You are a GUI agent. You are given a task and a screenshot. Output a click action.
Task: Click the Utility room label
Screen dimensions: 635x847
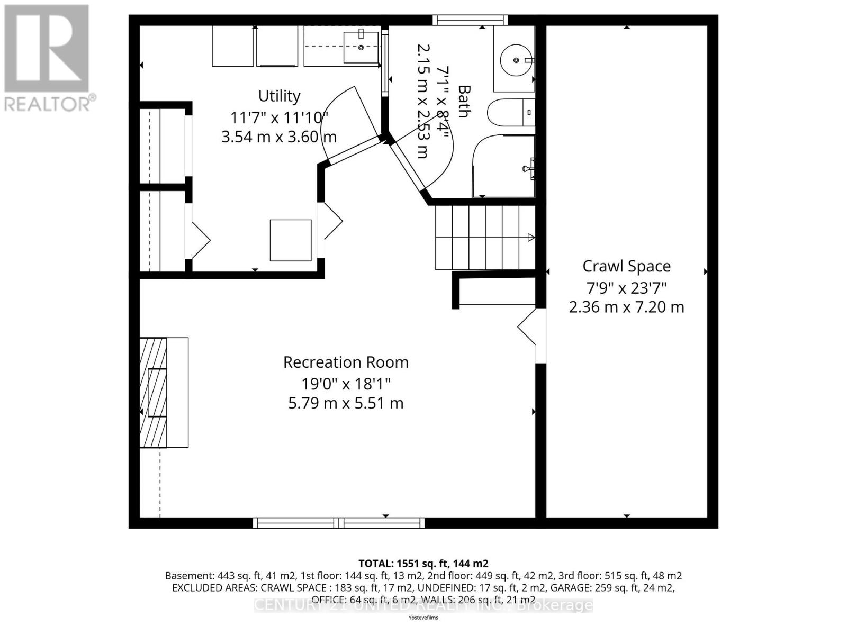[x=279, y=96]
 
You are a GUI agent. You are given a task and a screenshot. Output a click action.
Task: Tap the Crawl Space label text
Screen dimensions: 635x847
[x=626, y=266]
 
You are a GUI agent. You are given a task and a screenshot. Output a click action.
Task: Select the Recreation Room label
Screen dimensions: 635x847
[x=346, y=362]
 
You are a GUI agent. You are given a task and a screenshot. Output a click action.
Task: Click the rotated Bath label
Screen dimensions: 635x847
[x=464, y=102]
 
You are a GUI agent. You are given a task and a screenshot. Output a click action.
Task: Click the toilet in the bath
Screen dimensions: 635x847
[x=508, y=112]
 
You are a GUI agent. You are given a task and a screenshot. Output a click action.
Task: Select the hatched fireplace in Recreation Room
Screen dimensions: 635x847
[x=154, y=393]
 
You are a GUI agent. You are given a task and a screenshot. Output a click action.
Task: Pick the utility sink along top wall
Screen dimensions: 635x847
[x=361, y=47]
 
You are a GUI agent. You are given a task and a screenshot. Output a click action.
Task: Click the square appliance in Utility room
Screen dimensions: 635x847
[x=291, y=240]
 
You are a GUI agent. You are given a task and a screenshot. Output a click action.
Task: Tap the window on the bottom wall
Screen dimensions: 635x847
[x=339, y=523]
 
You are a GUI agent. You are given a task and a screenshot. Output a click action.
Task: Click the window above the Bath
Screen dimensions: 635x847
[x=470, y=20]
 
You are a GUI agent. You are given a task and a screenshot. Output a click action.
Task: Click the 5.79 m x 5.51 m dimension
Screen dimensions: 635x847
[x=346, y=403]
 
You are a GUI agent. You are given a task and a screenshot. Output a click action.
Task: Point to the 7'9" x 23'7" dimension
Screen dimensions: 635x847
[x=626, y=288]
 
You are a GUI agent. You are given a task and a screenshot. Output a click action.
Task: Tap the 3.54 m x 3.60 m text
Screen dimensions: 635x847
[x=279, y=137]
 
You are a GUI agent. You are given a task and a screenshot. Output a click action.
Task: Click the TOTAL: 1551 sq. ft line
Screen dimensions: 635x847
[x=424, y=563]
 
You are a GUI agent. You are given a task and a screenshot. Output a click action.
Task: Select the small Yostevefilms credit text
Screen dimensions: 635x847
[x=424, y=618]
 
